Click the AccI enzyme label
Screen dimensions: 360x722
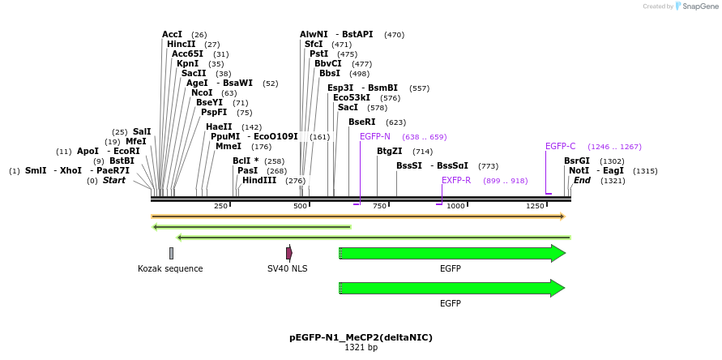(172, 35)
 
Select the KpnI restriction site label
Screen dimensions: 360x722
(187, 64)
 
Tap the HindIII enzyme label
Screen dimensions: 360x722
(259, 181)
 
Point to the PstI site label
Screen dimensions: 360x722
(318, 54)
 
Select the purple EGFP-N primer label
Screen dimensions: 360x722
(375, 137)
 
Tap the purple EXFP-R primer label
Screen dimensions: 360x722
(456, 181)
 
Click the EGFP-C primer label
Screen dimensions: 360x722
(560, 147)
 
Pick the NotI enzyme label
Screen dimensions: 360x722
(579, 171)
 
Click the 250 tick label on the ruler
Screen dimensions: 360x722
(220, 207)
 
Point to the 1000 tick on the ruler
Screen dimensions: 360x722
(456, 207)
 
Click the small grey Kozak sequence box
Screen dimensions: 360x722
(171, 253)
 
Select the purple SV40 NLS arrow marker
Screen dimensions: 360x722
(288, 253)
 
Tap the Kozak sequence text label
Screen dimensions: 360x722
(170, 268)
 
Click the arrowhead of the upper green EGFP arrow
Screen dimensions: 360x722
(558, 253)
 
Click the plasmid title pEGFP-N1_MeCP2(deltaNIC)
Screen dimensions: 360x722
(361, 337)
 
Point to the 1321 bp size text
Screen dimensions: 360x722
(361, 348)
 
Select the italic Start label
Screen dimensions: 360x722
(113, 181)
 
